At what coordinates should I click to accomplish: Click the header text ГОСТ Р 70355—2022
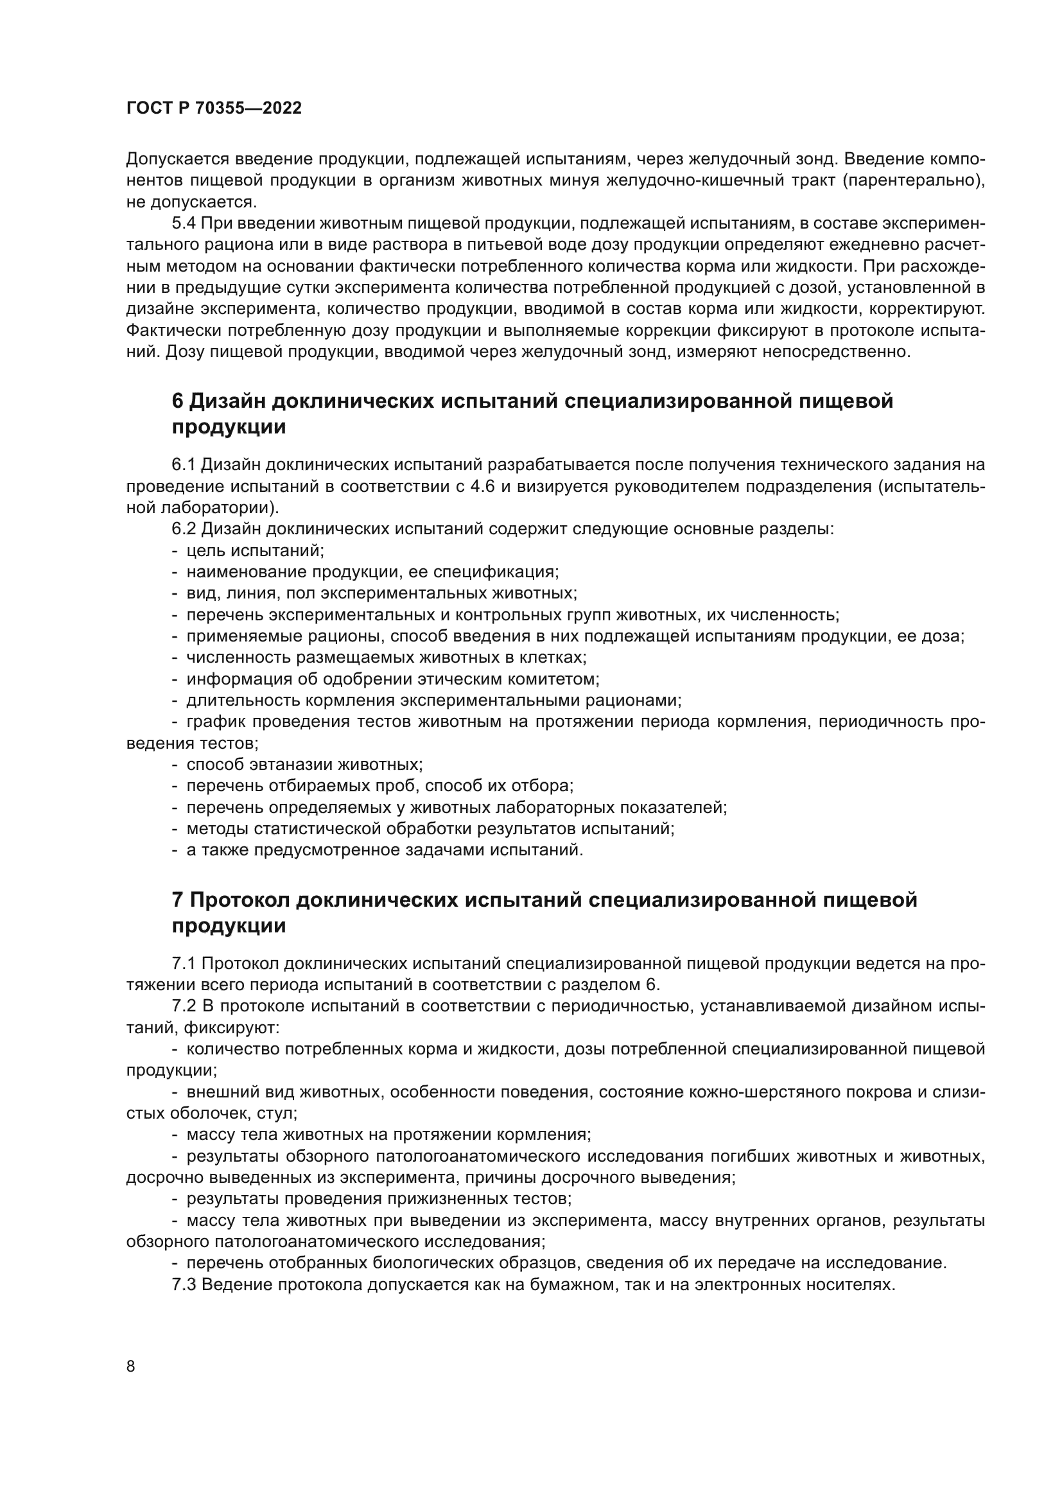214,109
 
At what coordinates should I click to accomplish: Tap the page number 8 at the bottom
131,1367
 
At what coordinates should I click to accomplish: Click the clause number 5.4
184,223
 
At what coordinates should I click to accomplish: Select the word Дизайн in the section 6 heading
226,401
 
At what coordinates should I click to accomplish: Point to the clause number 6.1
184,465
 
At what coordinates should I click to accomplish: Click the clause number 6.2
184,529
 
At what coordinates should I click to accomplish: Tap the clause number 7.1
184,964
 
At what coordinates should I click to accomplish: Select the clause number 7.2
184,1006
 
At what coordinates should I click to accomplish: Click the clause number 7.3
184,1284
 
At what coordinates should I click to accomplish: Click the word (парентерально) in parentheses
914,180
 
